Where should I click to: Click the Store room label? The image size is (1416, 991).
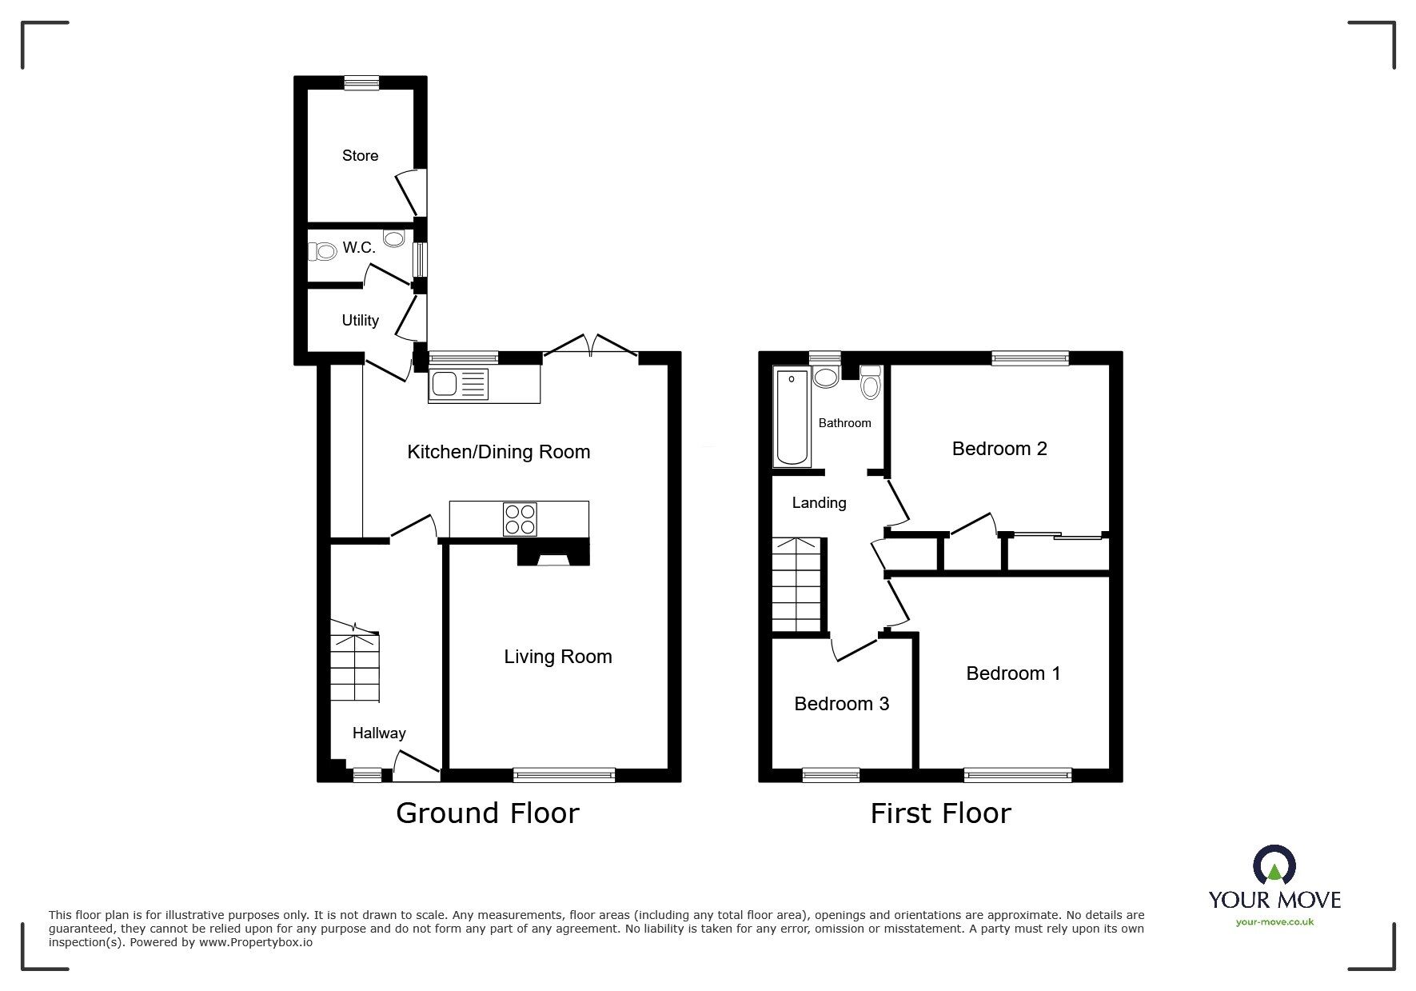click(x=360, y=156)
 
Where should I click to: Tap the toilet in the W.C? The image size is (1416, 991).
click(x=323, y=252)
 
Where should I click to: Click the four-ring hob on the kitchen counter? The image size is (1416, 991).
click(x=520, y=518)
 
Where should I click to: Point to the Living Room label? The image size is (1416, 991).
click(x=557, y=657)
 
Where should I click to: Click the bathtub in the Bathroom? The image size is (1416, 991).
click(x=792, y=418)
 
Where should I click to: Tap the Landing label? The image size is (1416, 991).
click(x=819, y=503)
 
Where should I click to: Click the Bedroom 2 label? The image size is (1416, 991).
click(x=999, y=449)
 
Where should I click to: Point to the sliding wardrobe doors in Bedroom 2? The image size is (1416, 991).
click(x=1055, y=535)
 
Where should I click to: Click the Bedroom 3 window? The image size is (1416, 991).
click(x=831, y=774)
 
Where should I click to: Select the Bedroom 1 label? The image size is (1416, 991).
click(x=1012, y=673)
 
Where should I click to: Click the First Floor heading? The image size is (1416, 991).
click(x=940, y=813)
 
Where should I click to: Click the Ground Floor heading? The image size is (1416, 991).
click(x=487, y=813)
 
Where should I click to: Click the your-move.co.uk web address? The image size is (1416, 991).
click(x=1274, y=922)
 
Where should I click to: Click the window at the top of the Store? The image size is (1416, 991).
click(x=361, y=82)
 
